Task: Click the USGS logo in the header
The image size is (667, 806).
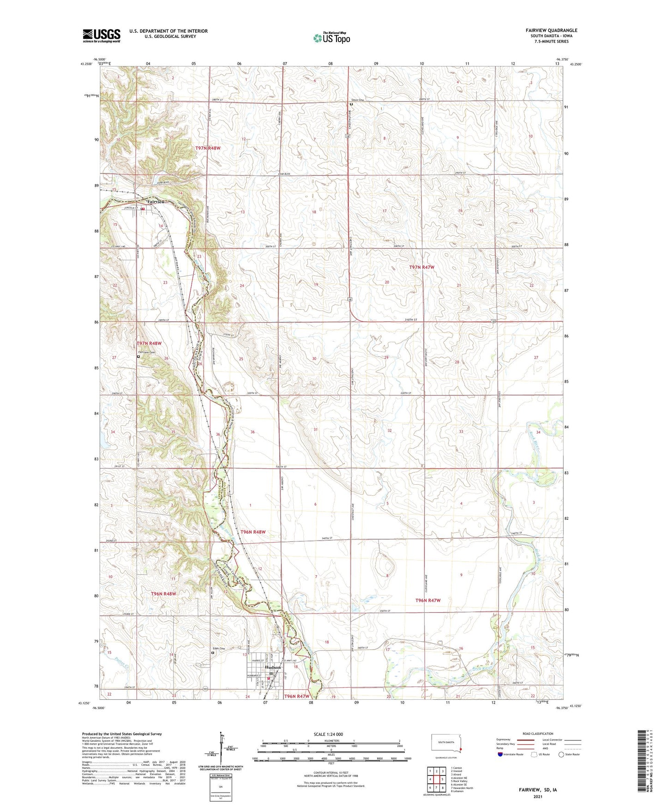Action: point(102,36)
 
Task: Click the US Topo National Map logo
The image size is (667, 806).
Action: point(331,38)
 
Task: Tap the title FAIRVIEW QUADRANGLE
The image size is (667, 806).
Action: point(551,30)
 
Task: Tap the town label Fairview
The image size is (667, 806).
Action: point(156,202)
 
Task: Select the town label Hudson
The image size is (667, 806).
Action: point(273,668)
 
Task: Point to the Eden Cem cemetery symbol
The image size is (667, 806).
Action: point(213,653)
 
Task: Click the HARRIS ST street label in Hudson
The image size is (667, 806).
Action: point(257,661)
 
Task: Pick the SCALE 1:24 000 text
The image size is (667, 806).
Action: point(328,734)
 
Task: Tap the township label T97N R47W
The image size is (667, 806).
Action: point(421,267)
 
